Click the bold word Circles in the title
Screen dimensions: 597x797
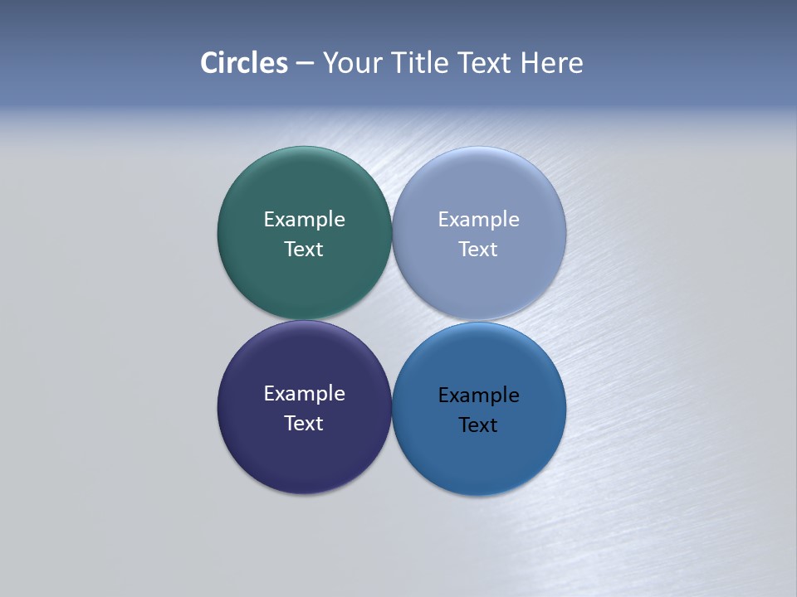pos(244,63)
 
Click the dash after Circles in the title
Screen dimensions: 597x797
pos(305,64)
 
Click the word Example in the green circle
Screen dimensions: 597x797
pos(304,220)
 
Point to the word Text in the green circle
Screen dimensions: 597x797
pos(304,250)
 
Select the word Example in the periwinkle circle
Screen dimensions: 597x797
pos(478,220)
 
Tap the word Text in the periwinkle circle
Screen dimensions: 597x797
pos(478,250)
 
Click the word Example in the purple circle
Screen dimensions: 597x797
pos(304,394)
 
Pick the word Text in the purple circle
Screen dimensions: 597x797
pos(304,424)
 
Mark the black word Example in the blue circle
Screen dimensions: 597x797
pos(478,396)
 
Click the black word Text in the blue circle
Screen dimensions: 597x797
pos(478,425)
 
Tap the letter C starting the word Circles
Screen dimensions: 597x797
pos(209,63)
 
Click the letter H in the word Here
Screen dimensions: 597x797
pos(530,63)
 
